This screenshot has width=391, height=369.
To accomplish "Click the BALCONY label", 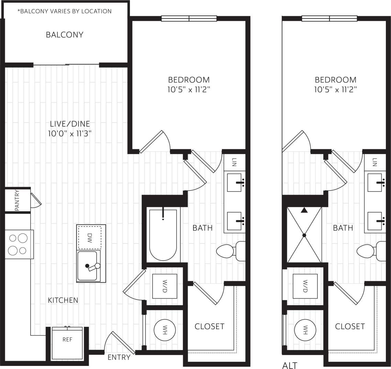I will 65,35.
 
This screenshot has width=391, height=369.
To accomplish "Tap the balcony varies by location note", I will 65,11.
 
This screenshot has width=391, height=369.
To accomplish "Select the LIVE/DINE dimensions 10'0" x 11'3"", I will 70,134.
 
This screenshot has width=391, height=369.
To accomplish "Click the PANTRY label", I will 17,200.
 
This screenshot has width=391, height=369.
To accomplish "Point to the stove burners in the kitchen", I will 18,244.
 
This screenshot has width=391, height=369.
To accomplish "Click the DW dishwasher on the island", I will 90,237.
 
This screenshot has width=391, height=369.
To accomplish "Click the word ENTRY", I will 119,357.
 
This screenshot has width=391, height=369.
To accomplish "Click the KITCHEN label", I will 63,300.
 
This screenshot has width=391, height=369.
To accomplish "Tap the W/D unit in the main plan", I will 165,286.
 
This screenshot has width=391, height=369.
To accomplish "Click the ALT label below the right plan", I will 290,365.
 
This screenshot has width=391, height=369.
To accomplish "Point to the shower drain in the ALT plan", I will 304,235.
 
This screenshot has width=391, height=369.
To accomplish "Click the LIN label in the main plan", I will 235,162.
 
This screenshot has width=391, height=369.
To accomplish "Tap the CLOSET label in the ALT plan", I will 350,326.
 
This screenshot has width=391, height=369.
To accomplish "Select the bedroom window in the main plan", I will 189,19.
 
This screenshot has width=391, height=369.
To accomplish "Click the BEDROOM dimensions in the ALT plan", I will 335,90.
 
